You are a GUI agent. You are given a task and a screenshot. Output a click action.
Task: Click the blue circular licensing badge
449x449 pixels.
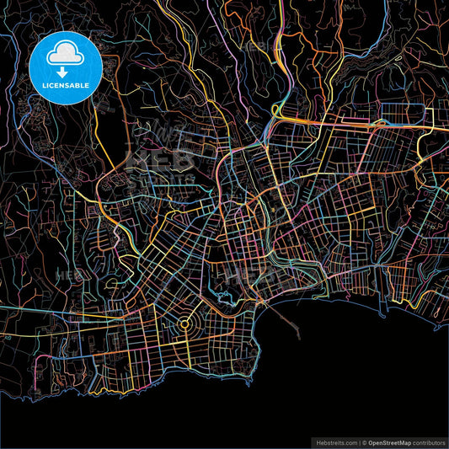pyautogui.click(x=65, y=67)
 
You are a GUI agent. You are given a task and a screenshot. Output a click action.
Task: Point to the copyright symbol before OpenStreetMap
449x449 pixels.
pyautogui.click(x=365, y=441)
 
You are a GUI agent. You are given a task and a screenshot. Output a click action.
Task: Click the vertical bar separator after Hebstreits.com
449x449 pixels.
pyautogui.click(x=359, y=441)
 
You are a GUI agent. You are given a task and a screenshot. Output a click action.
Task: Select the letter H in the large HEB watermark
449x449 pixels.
pyautogui.click(x=136, y=158)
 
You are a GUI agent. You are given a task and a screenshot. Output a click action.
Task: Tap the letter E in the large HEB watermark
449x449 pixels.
pyautogui.click(x=160, y=158)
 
